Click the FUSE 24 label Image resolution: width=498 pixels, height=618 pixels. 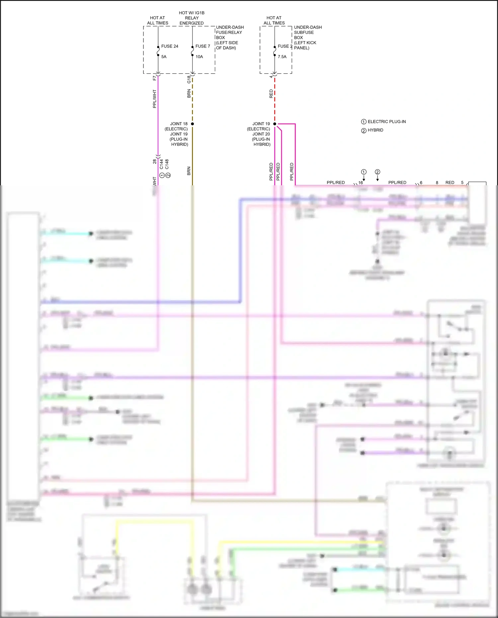coord(169,46)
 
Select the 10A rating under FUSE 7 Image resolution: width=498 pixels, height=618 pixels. coord(199,57)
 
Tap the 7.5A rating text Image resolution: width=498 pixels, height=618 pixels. coord(282,57)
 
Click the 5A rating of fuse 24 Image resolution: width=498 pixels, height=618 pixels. coord(164,57)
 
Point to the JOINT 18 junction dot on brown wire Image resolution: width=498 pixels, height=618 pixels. coord(192,124)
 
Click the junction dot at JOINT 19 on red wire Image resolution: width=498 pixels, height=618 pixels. coord(275,124)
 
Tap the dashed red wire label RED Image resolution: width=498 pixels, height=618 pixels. coord(271,94)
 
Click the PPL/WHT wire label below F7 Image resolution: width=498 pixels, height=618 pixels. coord(154,99)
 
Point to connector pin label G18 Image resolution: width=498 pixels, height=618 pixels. coord(189,79)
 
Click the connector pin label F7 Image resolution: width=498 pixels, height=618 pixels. coord(154,78)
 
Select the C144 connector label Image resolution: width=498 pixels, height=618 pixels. coord(161,164)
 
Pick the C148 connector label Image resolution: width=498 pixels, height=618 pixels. coord(167,164)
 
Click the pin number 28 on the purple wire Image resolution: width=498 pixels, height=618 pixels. coord(154,162)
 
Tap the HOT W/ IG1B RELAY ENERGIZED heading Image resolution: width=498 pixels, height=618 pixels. coord(192,18)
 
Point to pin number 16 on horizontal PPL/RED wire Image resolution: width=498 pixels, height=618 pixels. coord(360,183)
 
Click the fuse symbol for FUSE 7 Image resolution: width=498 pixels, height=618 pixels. coord(192,51)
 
